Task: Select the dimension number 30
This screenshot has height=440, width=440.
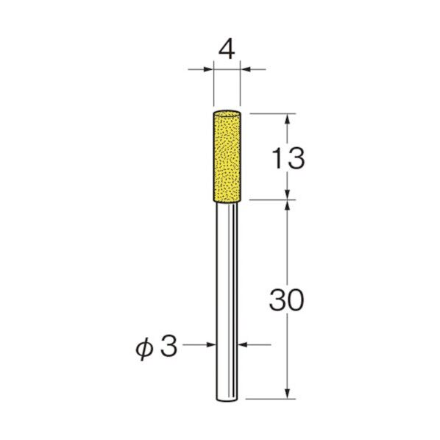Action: [287, 300]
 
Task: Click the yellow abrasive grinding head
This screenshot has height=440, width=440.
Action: [227, 155]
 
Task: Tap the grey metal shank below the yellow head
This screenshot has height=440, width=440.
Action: [227, 294]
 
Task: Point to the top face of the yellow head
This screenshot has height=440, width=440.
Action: [227, 113]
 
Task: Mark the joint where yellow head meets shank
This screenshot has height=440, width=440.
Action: [227, 198]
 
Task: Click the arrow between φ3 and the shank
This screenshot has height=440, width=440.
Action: [210, 344]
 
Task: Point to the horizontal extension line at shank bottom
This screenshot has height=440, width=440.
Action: [272, 400]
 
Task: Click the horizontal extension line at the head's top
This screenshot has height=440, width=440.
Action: [272, 113]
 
